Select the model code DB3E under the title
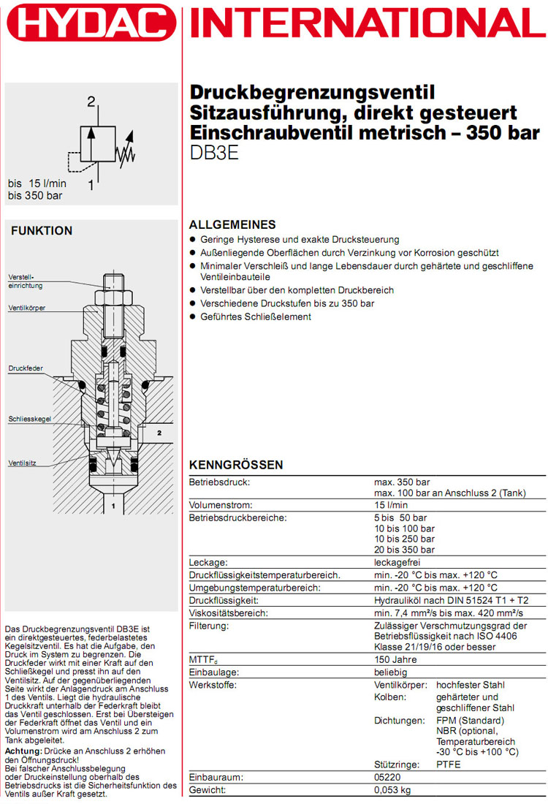[214, 154]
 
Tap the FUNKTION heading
[42, 231]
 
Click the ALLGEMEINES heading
[232, 224]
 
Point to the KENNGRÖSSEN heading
[236, 465]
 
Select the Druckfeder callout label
[25, 367]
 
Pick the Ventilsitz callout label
[22, 463]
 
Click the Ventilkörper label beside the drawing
[27, 308]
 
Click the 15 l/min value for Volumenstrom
[391, 504]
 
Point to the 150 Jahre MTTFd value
[395, 660]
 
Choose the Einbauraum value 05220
[387, 778]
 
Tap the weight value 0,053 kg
[392, 790]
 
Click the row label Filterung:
[210, 626]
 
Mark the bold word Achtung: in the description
[23, 751]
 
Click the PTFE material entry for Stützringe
[448, 764]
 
